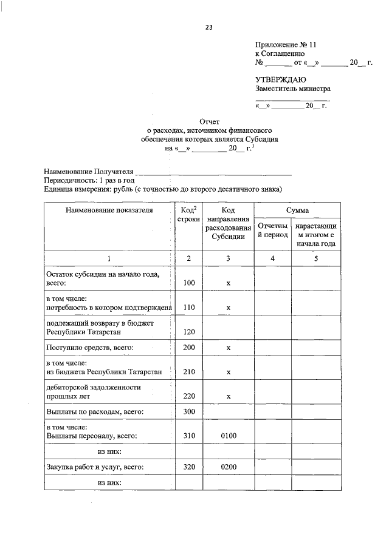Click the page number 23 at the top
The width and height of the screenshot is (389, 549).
(209, 27)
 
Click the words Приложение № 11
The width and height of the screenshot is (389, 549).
(286, 45)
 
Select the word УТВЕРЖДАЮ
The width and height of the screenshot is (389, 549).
(280, 79)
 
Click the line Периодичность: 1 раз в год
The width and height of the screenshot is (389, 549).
(89, 181)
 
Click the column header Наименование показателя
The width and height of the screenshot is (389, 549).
(109, 210)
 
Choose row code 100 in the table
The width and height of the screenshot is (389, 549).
(188, 283)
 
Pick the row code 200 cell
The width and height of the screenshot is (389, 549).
(188, 348)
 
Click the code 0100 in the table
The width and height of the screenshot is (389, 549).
(229, 436)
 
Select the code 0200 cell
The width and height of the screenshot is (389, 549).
(229, 468)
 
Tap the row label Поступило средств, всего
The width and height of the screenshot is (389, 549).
(90, 348)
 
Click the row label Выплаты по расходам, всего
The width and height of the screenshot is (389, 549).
(95, 412)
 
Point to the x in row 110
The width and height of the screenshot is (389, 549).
(229, 308)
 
